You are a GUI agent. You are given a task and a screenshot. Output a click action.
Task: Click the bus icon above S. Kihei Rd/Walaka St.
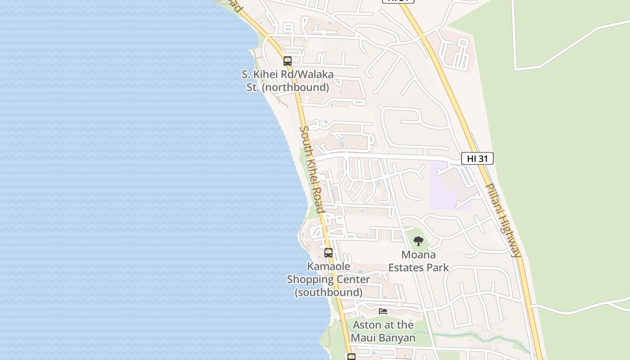click(288, 61)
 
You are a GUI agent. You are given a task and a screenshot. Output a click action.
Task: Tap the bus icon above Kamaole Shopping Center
click(328, 253)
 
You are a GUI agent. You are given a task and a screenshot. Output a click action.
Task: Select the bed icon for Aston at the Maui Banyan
click(383, 311)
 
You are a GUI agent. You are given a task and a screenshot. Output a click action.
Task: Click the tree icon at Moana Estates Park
click(418, 241)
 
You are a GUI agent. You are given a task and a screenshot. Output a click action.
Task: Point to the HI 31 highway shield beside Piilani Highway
click(477, 158)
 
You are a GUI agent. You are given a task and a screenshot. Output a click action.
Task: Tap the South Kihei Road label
click(312, 170)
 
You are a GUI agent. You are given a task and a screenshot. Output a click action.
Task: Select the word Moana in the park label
click(418, 255)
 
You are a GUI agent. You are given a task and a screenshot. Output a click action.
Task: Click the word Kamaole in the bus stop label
click(328, 266)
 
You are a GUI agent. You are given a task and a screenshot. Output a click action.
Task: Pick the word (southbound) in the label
click(328, 292)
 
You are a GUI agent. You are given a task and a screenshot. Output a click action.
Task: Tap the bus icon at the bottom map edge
click(351, 357)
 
